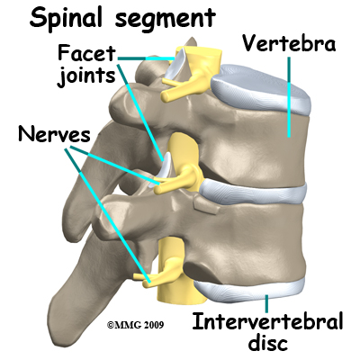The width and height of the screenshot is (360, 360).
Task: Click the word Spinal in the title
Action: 66,17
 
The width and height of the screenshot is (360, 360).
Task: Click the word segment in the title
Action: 166,20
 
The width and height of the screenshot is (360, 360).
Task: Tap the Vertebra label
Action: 289,44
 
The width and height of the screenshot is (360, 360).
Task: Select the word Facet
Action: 86,53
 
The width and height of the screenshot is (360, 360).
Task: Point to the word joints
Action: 86,75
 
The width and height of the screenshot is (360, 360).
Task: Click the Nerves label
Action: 54,134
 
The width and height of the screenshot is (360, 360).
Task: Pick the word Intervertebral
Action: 267,321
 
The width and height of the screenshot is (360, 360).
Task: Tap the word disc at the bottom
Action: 268,343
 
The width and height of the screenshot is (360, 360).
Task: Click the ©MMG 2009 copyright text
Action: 136,325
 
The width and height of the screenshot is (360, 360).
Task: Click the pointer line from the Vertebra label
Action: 289,97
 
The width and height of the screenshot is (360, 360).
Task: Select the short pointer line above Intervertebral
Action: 266,302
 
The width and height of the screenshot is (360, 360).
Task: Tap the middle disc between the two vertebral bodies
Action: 254,192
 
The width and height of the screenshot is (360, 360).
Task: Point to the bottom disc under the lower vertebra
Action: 249,290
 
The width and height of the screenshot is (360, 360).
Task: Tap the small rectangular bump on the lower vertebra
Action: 205,207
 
